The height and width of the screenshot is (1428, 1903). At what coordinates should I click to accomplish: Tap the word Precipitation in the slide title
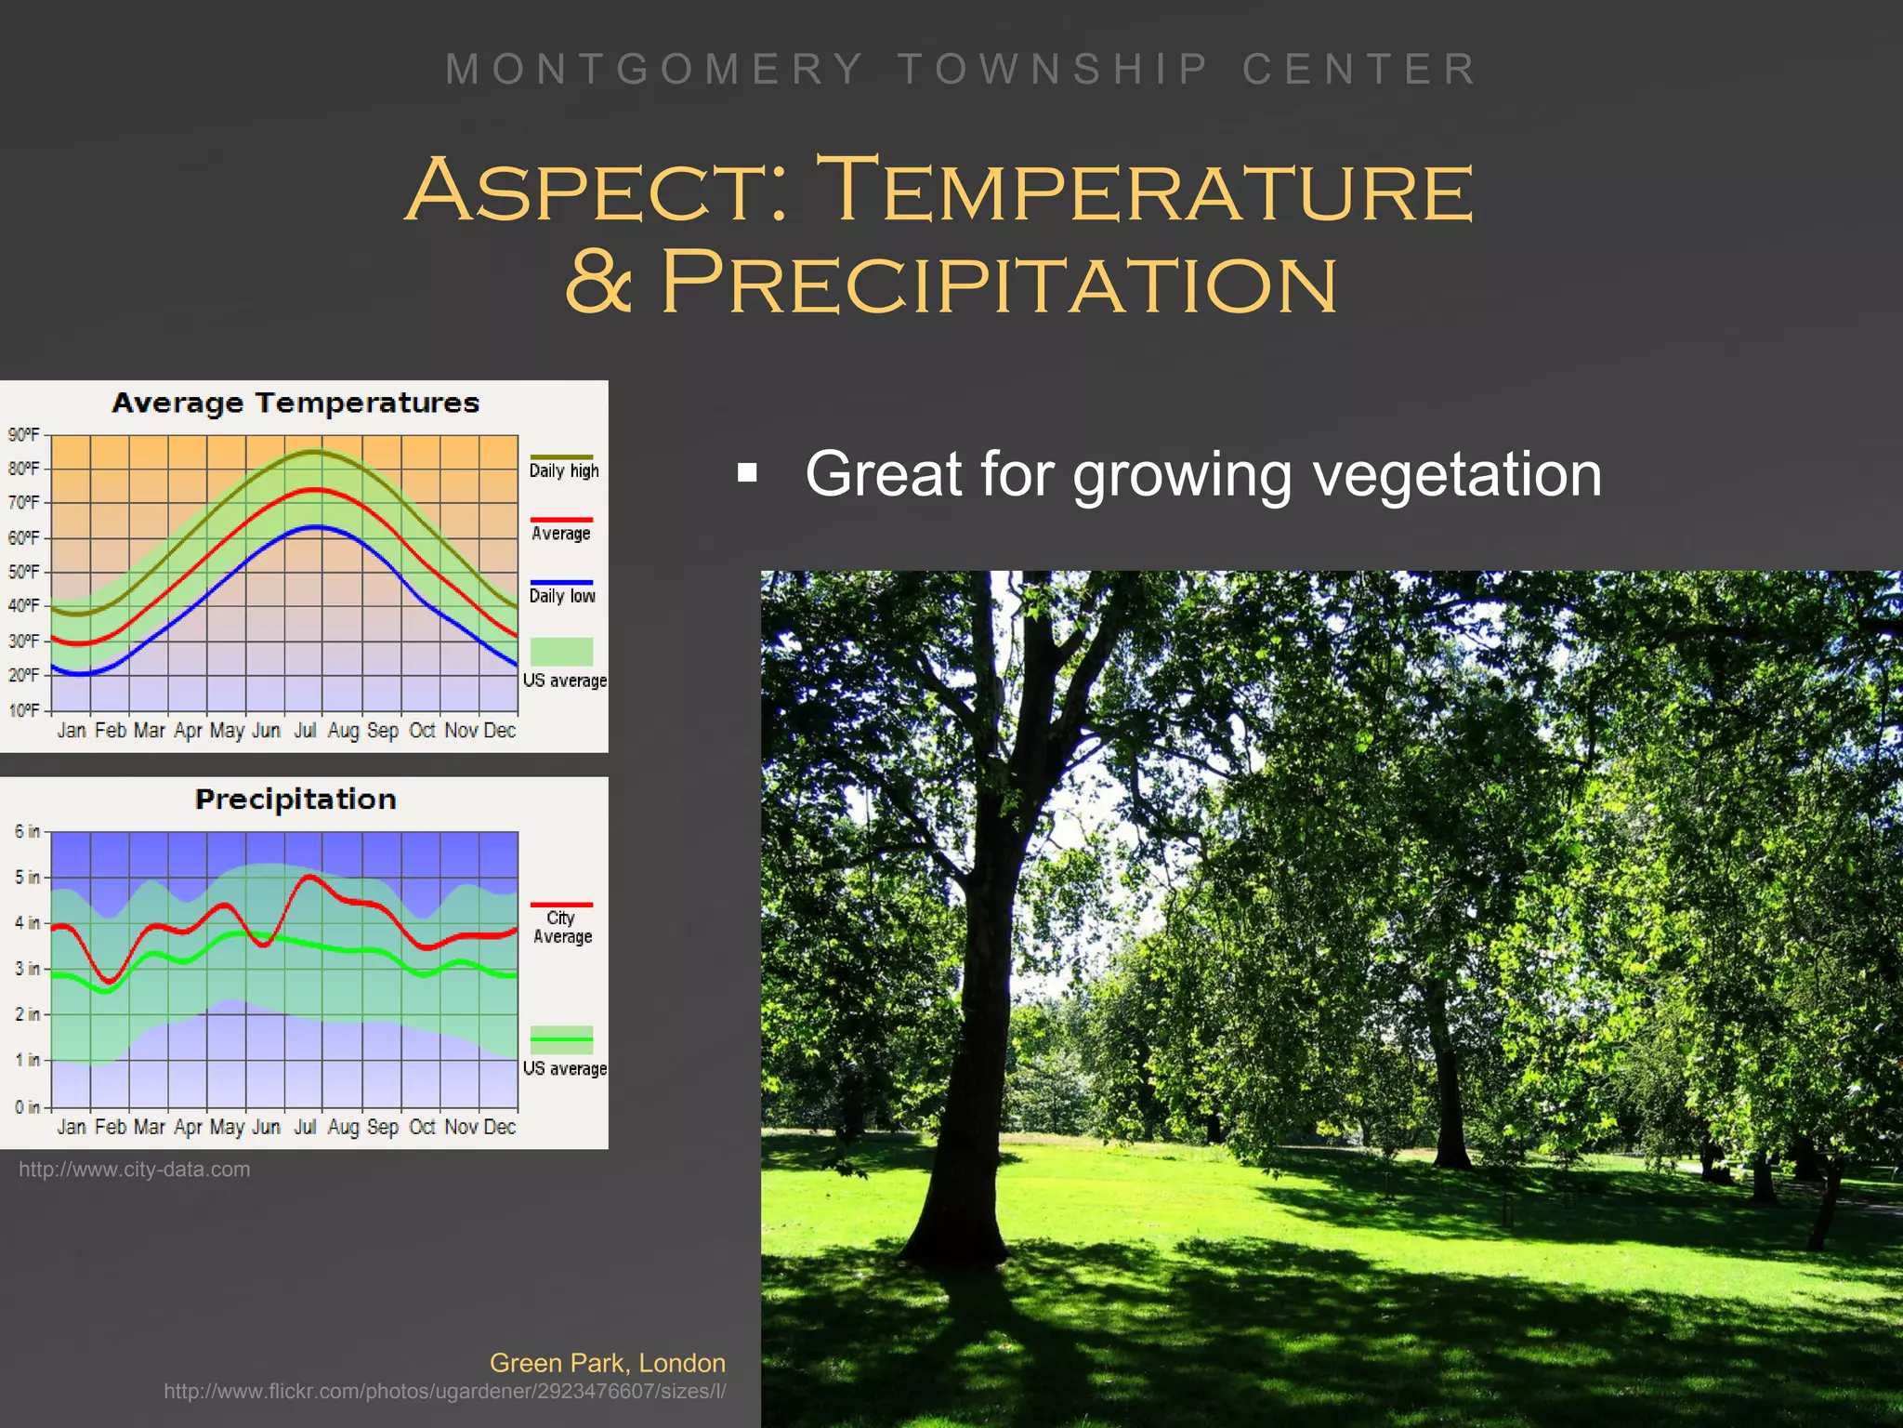tap(999, 283)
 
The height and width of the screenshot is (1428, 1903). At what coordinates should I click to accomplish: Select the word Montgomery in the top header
tap(656, 70)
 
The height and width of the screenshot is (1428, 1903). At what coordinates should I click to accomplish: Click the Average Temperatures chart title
tap(295, 403)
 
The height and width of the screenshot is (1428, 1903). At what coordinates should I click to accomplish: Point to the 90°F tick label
tap(24, 435)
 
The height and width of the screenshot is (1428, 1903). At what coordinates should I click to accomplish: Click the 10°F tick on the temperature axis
tap(24, 710)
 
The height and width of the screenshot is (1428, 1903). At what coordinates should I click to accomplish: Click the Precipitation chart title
tap(295, 800)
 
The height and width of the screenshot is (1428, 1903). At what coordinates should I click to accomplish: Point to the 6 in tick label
tap(27, 831)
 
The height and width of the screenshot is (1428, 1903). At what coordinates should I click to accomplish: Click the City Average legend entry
tap(562, 926)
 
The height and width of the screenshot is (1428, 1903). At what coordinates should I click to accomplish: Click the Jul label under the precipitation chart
tap(305, 1127)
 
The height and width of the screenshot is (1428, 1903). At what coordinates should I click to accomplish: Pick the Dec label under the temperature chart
tap(499, 731)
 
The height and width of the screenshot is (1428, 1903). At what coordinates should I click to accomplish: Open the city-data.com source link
tap(135, 1170)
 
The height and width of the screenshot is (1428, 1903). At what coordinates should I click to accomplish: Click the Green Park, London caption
tap(607, 1363)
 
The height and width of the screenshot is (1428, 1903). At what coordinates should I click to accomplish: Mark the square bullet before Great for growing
tap(747, 474)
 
